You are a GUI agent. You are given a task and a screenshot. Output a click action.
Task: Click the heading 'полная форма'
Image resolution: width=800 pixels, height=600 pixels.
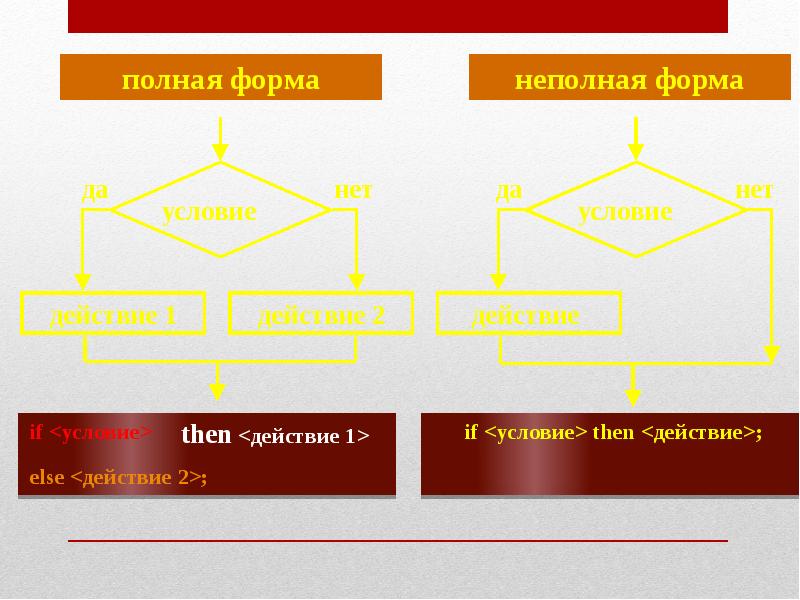pyautogui.click(x=220, y=79)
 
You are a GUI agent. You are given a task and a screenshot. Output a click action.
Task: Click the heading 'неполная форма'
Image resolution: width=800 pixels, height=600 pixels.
pyautogui.click(x=629, y=79)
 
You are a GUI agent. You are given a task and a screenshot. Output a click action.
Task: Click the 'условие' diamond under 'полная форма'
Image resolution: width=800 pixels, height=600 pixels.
pyautogui.click(x=219, y=211)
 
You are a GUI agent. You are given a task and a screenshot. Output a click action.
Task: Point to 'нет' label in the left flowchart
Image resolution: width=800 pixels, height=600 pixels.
pyautogui.click(x=352, y=190)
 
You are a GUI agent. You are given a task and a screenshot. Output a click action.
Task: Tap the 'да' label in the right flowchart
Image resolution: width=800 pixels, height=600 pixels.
pyautogui.click(x=509, y=190)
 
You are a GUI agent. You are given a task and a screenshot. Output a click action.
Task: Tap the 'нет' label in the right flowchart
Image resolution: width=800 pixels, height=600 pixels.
pyautogui.click(x=754, y=190)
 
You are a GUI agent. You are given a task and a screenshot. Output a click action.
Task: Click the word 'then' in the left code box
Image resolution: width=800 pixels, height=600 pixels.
pyautogui.click(x=206, y=435)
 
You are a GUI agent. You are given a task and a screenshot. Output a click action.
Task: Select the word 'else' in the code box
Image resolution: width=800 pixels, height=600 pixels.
pyautogui.click(x=46, y=477)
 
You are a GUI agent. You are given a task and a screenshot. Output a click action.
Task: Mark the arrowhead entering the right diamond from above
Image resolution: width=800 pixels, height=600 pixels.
pyautogui.click(x=634, y=153)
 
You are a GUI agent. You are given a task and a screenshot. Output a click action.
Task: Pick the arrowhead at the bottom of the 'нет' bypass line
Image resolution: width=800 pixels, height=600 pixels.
pyautogui.click(x=771, y=351)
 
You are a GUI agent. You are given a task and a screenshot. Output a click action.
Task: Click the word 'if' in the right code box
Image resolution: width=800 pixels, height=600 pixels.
pyautogui.click(x=470, y=433)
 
